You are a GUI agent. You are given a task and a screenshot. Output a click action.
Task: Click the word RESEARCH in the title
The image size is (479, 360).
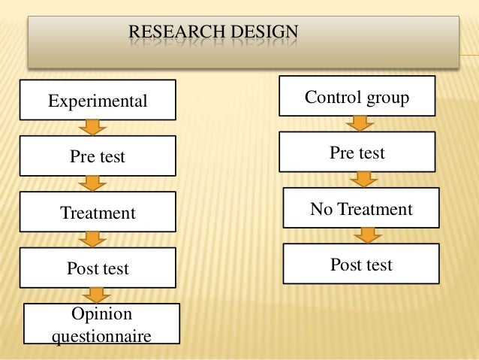pos(166,32)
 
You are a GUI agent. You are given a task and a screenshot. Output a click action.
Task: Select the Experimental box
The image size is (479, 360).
pos(98,100)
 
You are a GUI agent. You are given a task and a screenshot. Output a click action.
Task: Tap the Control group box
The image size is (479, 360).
pos(357,96)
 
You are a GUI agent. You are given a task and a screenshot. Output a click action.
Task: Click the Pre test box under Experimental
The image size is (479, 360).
pos(98,156)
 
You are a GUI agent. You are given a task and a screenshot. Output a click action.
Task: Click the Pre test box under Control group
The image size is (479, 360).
pos(357,153)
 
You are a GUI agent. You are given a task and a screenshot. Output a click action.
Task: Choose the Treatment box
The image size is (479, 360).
pos(98,213)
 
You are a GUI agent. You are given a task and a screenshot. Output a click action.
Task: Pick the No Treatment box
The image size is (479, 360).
pos(361,208)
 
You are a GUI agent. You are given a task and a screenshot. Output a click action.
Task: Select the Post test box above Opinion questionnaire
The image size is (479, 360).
pos(98,268)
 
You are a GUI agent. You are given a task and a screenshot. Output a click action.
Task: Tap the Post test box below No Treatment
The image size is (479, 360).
pos(361,265)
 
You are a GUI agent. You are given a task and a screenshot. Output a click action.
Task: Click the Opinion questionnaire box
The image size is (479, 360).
pos(101,323)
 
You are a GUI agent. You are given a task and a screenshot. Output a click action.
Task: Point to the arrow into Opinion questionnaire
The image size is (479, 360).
pos(94,295)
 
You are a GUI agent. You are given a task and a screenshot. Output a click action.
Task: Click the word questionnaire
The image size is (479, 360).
pos(101,333)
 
